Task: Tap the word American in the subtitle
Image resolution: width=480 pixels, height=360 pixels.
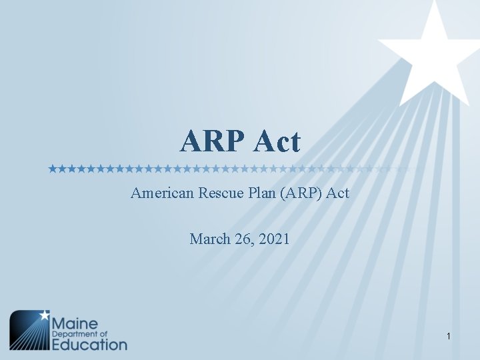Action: click(x=161, y=194)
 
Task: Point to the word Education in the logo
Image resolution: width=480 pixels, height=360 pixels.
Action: click(x=89, y=344)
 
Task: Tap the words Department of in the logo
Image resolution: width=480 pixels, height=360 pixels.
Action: click(x=80, y=333)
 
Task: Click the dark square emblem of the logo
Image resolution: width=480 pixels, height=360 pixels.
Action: click(x=29, y=331)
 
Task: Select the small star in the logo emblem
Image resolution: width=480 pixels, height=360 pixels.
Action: click(x=44, y=314)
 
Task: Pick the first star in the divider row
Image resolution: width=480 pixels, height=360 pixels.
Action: click(x=53, y=169)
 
